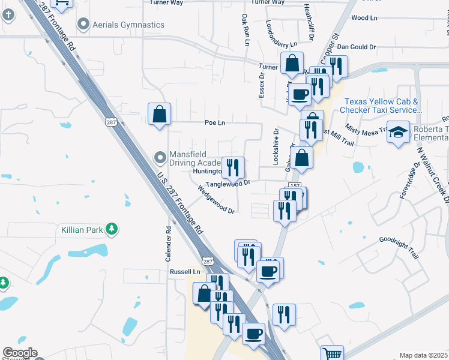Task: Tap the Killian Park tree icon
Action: pos(111,229)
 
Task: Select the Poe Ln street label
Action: pos(214,122)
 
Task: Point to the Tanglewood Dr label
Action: pos(228,184)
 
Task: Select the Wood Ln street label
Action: pos(364,18)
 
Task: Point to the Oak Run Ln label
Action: pos(245,28)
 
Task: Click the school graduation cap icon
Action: pos(398,133)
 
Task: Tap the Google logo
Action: pos(20,352)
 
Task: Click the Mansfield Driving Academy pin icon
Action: pos(160,158)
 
